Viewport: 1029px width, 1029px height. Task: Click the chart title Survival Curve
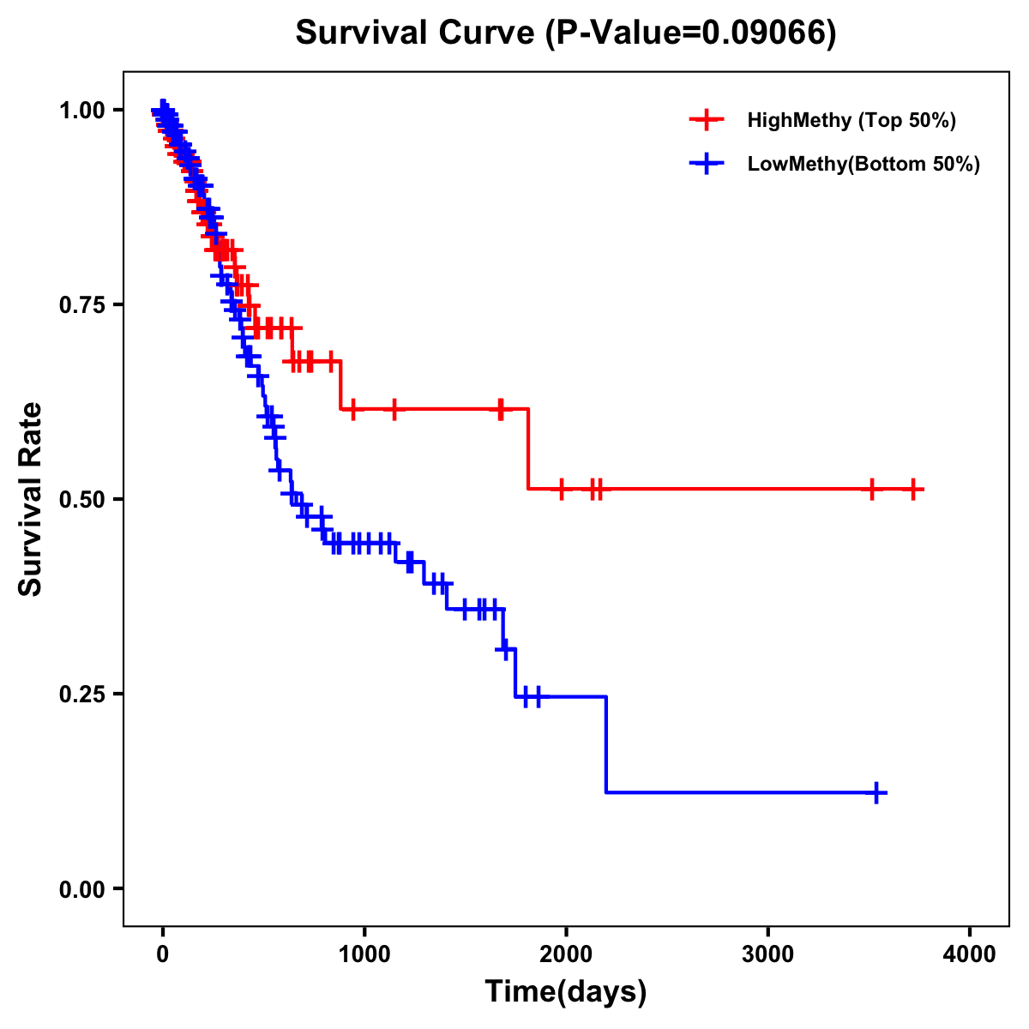[565, 33]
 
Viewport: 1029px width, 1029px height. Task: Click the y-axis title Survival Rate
[31, 498]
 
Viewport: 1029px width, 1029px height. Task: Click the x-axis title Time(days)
[566, 992]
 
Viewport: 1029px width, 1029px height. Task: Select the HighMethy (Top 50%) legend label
[851, 120]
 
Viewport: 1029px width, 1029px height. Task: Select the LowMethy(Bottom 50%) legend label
[864, 164]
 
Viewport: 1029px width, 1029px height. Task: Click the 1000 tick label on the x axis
[364, 954]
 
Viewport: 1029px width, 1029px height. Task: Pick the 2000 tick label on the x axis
[566, 954]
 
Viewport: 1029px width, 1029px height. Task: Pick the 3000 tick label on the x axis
[767, 954]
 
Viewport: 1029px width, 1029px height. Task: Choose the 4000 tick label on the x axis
[970, 954]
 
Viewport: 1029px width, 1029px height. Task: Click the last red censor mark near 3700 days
[914, 489]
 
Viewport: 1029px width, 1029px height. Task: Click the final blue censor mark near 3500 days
[877, 792]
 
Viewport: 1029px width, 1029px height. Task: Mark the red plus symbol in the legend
[707, 120]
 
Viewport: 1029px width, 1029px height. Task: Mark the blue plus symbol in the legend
[707, 164]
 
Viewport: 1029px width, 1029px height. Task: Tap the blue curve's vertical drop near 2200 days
[606, 744]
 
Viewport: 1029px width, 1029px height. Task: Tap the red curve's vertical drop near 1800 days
[528, 448]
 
